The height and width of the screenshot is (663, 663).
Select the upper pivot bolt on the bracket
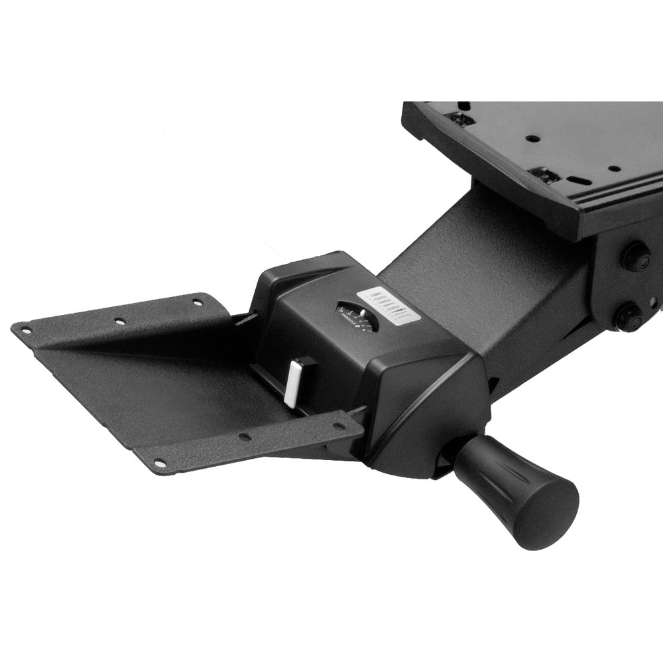[x=634, y=257]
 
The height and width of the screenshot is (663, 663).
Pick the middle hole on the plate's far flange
[x=120, y=322]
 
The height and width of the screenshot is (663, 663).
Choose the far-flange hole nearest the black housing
[x=197, y=302]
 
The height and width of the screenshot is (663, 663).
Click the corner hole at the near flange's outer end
[x=159, y=462]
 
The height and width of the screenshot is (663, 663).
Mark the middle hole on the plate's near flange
[x=245, y=437]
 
